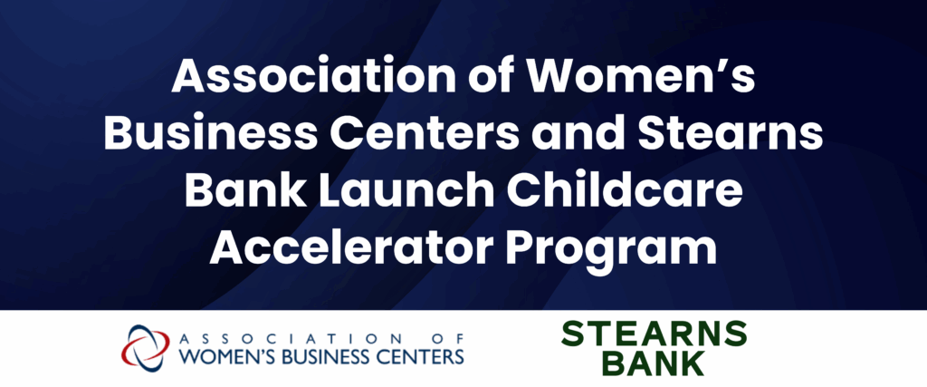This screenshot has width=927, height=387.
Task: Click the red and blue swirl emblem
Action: click(145, 346)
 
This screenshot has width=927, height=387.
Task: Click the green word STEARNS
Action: click(654, 334)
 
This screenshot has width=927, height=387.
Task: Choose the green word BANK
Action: click(654, 363)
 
